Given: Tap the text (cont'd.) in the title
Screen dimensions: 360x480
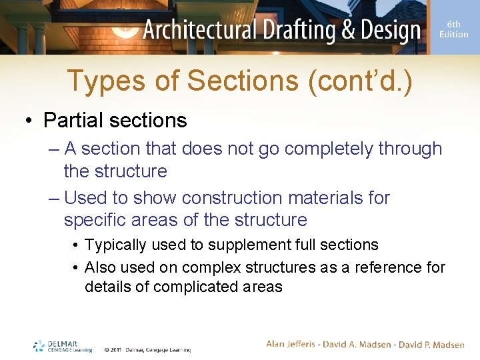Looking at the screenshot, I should tap(361, 82).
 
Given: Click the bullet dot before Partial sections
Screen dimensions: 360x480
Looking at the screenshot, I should tap(29, 121).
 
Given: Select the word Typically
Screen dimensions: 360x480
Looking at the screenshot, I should tap(115, 245).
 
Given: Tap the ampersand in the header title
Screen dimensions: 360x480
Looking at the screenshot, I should tap(341, 31).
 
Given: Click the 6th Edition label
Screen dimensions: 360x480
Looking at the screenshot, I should tap(453, 29).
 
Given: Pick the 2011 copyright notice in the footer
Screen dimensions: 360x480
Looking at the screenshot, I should tap(147, 349).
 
